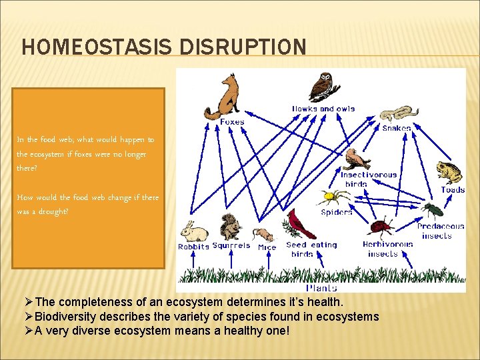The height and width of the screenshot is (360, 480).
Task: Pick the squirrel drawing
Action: tap(231, 227)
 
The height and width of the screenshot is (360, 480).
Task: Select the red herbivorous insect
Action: tap(382, 229)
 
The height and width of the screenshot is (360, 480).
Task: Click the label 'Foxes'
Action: tap(232, 122)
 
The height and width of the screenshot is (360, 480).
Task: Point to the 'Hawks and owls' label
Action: tap(323, 109)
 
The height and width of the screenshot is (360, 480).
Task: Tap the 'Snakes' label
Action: tap(397, 127)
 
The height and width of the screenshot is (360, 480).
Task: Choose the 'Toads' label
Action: tap(453, 190)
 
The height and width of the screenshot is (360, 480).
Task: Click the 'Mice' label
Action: tap(267, 247)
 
